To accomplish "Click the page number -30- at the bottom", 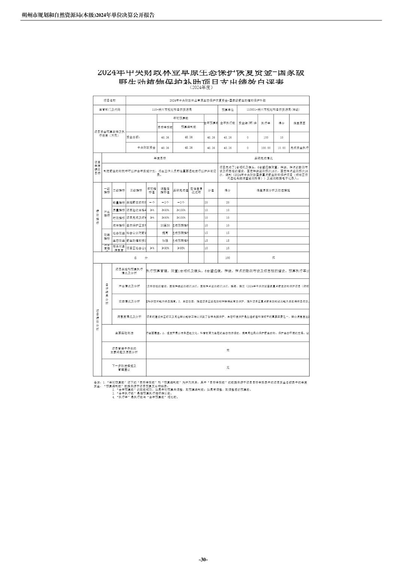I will click(203, 559).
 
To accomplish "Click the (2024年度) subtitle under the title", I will click(201, 87).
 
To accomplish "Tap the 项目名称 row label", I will click(109, 101).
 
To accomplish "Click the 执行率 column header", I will click(266, 123).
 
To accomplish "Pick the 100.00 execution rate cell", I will click(266, 148).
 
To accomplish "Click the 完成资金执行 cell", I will click(299, 148).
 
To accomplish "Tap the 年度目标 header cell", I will click(160, 158).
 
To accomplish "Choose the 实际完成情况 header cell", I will click(264, 158).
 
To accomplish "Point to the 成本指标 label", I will click(118, 225).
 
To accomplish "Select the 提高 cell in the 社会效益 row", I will click(165, 233).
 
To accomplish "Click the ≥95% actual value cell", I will click(180, 248).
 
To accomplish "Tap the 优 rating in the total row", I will click(273, 258).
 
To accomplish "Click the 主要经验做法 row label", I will click(124, 332).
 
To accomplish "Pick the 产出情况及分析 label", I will click(129, 286).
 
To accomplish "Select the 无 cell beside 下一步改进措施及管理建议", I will click(228, 368).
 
